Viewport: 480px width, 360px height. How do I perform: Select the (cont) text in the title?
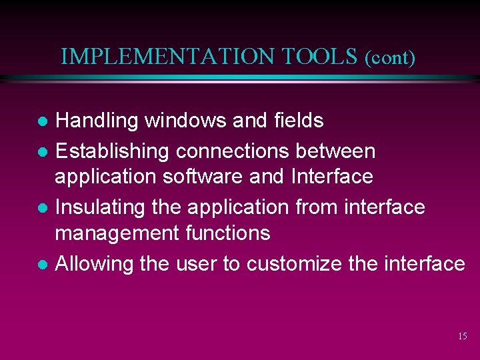[x=390, y=58]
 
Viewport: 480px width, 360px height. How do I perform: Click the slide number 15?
[x=462, y=337]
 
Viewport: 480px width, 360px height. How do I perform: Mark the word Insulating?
[x=101, y=207]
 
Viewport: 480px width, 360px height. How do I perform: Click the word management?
[x=116, y=233]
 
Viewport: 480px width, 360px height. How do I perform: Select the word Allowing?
[x=95, y=264]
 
